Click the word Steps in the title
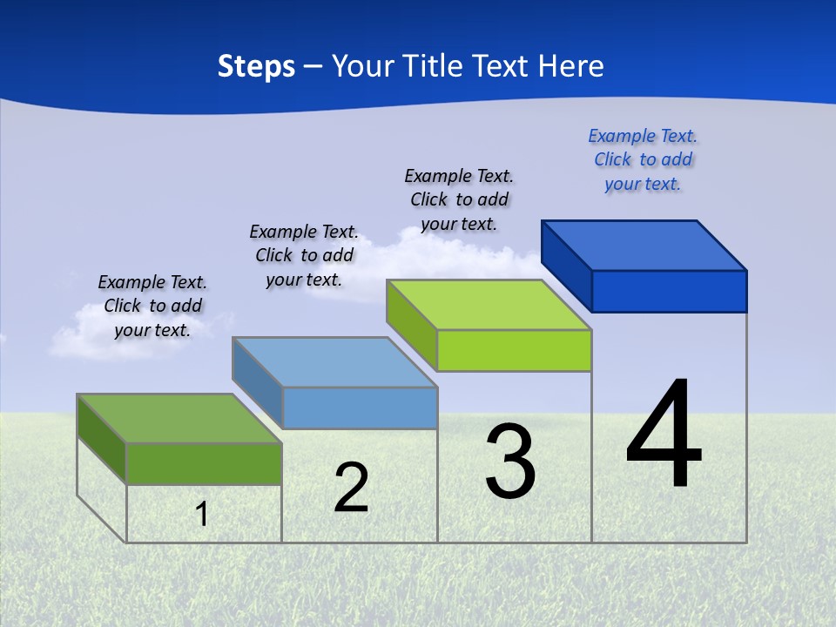256,66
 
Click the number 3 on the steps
510,462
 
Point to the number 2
351,488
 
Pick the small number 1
202,514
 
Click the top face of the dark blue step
644,245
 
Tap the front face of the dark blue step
669,291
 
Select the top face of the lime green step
489,305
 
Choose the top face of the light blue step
334,361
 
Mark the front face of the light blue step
360,408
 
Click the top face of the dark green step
179,418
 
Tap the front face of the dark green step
204,463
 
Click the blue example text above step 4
643,159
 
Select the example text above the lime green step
459,199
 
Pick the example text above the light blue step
304,255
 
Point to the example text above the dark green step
152,306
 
